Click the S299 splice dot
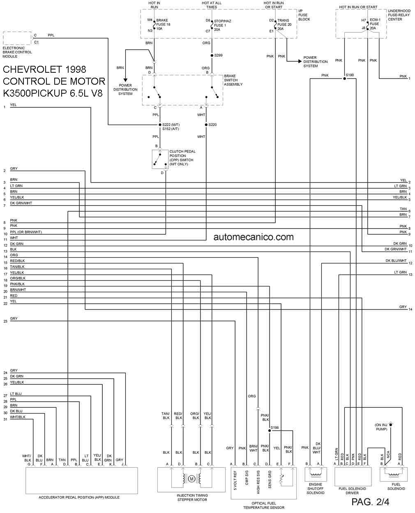[212, 55]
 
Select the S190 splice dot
[344, 79]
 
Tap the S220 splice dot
[206, 125]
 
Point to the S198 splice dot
[270, 431]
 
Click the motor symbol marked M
[191, 479]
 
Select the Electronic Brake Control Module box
[17, 38]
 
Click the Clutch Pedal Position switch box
[160, 159]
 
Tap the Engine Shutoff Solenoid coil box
[316, 474]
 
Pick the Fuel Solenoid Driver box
[353, 477]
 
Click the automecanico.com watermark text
[254, 237]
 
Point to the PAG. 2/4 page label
[370, 502]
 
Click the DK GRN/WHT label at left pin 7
[21, 203]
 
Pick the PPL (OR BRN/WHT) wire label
[26, 232]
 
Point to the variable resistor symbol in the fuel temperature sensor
[281, 479]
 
